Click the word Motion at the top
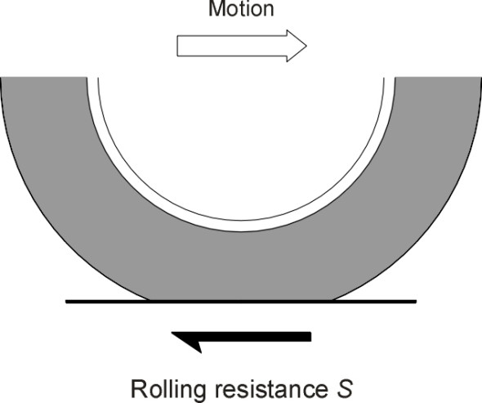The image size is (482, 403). pos(241,8)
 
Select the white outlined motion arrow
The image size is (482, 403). pos(242,46)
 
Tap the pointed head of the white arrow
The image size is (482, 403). pos(306,46)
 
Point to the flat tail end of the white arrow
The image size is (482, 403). pos(177,46)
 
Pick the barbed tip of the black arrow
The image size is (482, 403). pos(172,333)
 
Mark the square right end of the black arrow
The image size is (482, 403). pos(310,337)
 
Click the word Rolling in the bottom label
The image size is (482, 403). pos(167,389)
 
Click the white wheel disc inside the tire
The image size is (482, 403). pos(241,148)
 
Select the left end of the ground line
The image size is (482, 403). pos(66,302)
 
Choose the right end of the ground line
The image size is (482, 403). pos(416,302)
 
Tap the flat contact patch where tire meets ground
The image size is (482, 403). pos(241,300)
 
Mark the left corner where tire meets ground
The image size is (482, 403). pos(149,300)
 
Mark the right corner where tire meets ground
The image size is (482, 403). pos(333,300)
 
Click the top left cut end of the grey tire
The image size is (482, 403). pos(43,78)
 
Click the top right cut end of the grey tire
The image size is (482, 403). pos(438,78)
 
